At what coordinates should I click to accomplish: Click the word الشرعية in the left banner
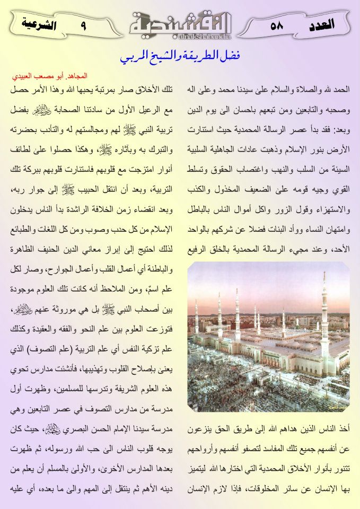point(40,24)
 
